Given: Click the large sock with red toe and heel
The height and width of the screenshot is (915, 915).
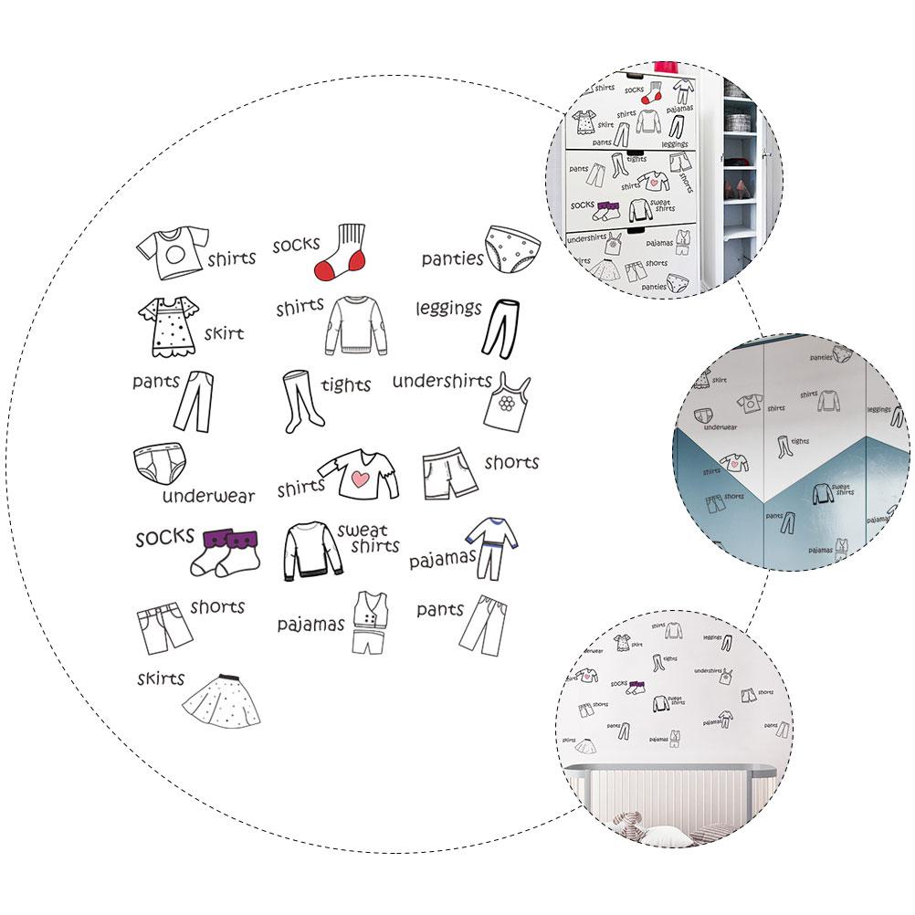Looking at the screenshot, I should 339,252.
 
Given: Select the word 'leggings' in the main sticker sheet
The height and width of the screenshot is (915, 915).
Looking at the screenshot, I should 448,308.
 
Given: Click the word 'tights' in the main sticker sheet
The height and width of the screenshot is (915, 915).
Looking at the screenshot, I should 345,385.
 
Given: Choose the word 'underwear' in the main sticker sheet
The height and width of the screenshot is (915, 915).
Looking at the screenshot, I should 208,496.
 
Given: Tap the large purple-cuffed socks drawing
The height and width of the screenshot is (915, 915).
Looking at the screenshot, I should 226,551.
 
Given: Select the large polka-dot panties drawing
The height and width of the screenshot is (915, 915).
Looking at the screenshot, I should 506,247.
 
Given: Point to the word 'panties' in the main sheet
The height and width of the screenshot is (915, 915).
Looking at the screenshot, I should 452,259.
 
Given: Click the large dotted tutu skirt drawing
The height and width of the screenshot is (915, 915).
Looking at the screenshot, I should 221,701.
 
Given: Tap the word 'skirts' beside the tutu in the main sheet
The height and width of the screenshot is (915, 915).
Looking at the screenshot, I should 161,678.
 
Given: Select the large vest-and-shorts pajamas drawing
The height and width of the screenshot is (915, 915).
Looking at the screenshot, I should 370,621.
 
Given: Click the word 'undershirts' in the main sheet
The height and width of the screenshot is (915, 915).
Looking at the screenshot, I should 442,381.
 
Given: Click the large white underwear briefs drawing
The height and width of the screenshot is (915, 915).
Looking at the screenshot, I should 158,467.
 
